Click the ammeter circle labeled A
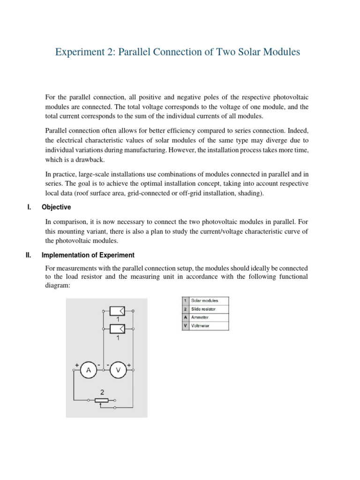(88, 370)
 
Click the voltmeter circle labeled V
(118, 370)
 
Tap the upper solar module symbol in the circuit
(117, 311)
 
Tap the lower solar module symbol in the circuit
(117, 329)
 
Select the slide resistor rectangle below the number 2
(101, 400)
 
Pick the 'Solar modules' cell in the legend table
(209, 300)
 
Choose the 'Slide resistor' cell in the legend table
(209, 309)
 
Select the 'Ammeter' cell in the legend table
(209, 318)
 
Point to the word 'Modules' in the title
(279, 52)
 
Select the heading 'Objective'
(56, 207)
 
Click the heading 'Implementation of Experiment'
(88, 255)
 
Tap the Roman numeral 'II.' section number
(28, 255)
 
